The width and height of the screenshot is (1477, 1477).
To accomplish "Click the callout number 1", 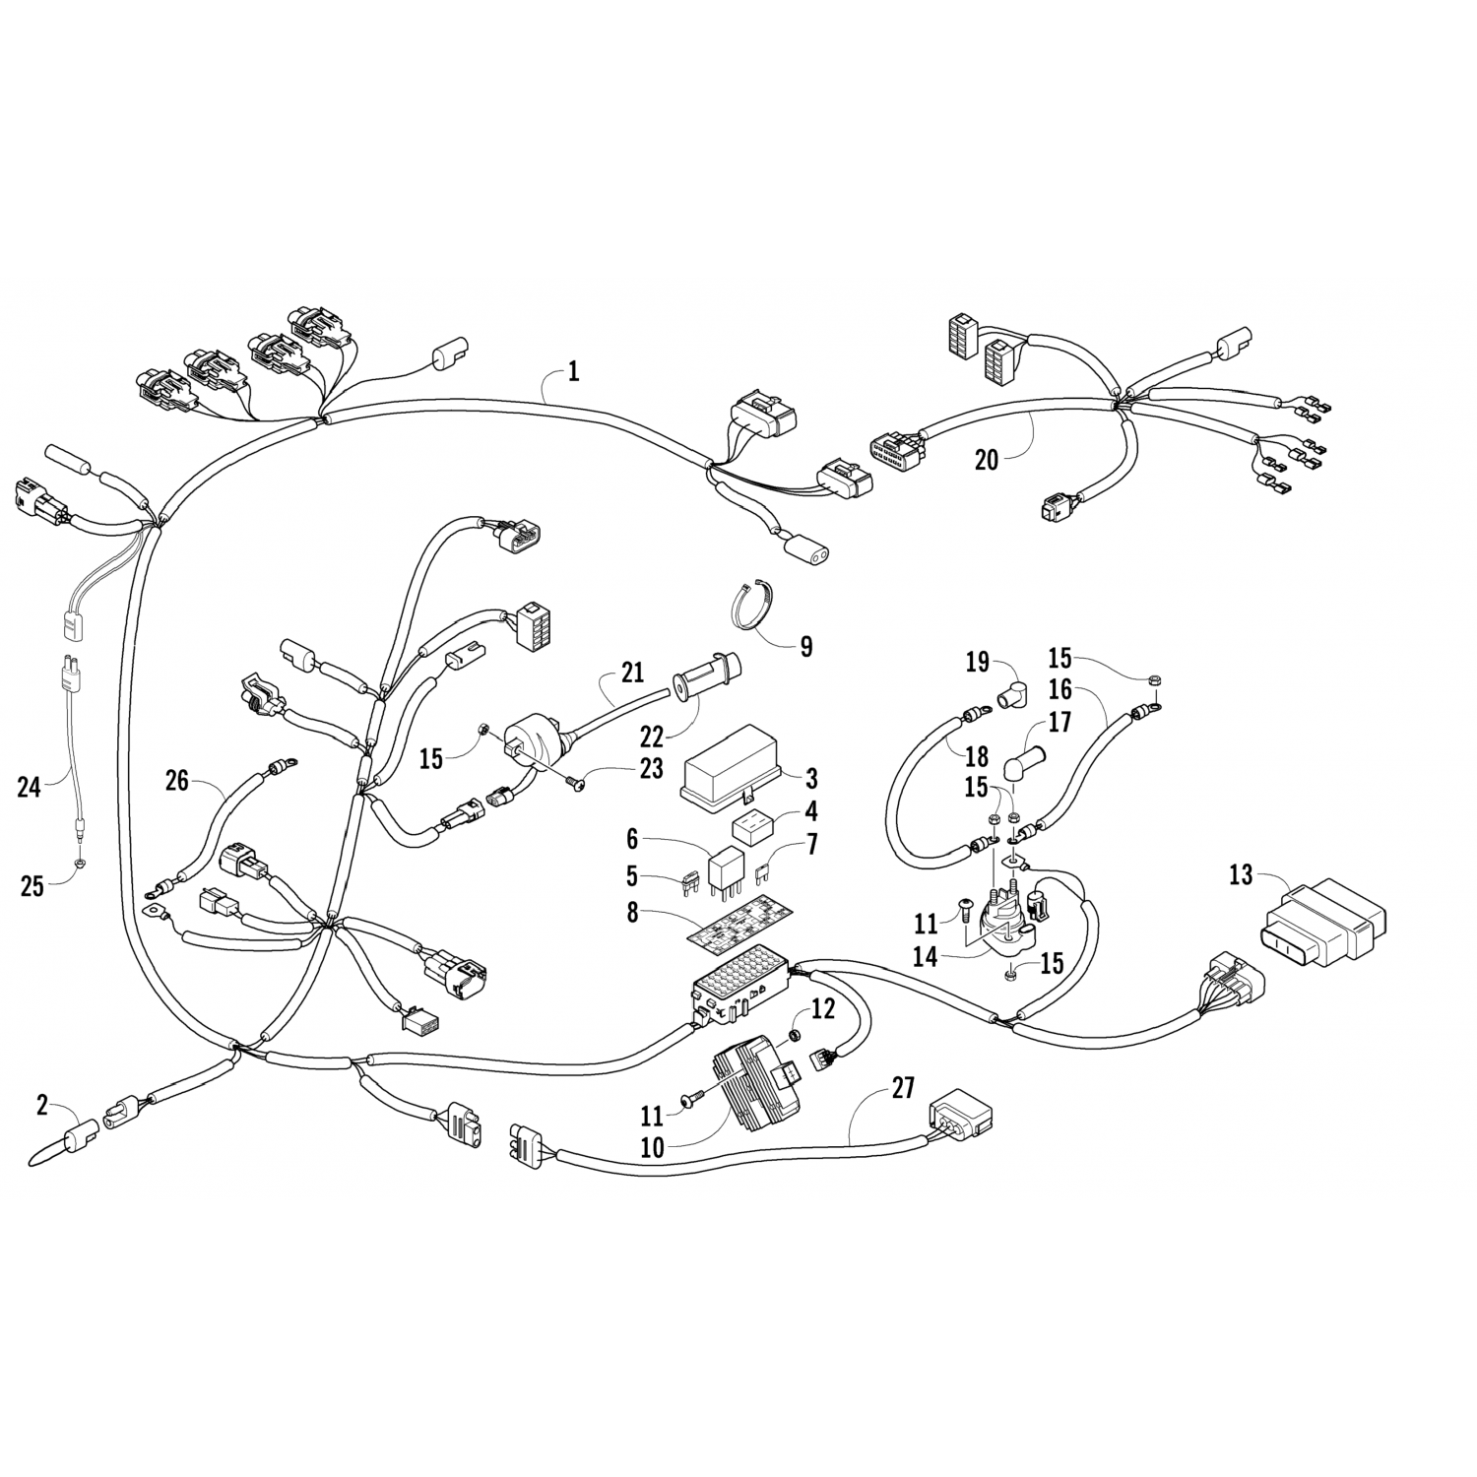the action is (x=574, y=372).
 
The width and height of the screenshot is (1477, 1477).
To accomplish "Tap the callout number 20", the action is (x=986, y=460).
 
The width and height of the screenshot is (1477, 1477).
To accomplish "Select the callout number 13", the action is (x=1242, y=874).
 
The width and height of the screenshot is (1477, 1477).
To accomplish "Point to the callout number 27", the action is (x=903, y=1088).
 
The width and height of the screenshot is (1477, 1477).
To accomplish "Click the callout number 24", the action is (x=30, y=786).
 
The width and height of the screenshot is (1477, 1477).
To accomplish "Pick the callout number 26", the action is (x=177, y=781).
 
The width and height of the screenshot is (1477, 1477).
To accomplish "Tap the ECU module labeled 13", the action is (x=1325, y=922).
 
